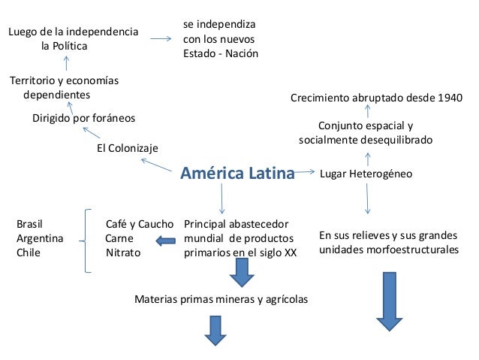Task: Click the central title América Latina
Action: [237, 174]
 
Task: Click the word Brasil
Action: [29, 224]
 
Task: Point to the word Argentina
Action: [40, 238]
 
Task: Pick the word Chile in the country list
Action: [29, 253]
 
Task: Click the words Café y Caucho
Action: [140, 224]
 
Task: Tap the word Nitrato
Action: [123, 253]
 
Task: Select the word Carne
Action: [119, 238]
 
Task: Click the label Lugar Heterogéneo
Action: [366, 174]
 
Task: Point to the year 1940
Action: [449, 98]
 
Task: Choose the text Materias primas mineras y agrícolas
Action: [221, 299]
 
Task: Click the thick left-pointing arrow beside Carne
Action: [164, 240]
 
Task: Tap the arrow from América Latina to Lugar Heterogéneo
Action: [305, 173]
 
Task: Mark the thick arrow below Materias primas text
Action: [215, 329]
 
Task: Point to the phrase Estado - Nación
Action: [220, 54]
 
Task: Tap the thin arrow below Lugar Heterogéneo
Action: [367, 201]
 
